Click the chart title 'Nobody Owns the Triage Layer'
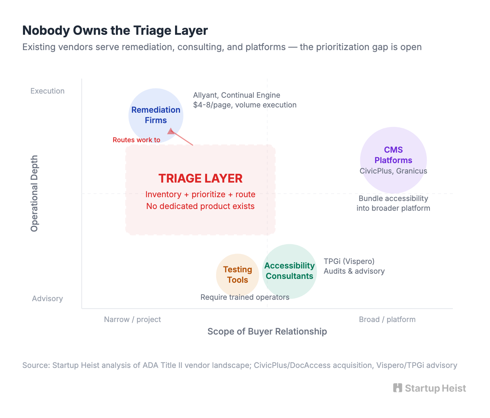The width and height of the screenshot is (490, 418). click(115, 31)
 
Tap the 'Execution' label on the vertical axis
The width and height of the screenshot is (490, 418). click(47, 91)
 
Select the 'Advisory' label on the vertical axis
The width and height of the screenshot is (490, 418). click(47, 298)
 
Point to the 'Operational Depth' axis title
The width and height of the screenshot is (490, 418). click(34, 193)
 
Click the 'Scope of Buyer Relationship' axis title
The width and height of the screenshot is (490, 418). click(267, 331)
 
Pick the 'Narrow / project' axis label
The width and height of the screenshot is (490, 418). click(132, 320)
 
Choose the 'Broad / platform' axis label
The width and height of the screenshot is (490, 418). click(387, 320)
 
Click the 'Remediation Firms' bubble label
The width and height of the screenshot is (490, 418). click(156, 115)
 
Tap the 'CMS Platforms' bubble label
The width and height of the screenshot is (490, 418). click(393, 155)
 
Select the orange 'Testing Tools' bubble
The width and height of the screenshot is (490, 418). click(238, 275)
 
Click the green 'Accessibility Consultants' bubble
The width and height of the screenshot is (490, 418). click(290, 271)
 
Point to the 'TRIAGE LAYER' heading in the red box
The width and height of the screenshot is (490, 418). click(200, 178)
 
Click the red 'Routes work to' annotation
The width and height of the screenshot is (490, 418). click(136, 140)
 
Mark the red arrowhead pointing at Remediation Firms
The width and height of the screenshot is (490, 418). click(171, 131)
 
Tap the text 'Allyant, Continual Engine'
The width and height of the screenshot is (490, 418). click(237, 95)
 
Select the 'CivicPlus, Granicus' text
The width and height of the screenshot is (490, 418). click(393, 171)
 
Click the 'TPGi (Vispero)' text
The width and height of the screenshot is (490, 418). click(349, 261)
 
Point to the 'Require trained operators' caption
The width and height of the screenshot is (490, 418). click(245, 297)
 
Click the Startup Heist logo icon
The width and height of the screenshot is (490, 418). click(397, 388)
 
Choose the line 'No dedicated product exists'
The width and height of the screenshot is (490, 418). click(200, 206)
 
